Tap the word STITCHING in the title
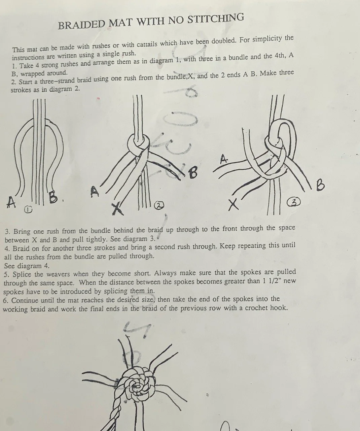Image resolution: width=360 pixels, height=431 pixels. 215,19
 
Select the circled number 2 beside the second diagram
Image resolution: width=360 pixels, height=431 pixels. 159,205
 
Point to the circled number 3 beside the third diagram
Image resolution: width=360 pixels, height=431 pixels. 294,202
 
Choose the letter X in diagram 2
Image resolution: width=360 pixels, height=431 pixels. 116,209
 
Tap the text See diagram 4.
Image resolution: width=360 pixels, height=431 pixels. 27,265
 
